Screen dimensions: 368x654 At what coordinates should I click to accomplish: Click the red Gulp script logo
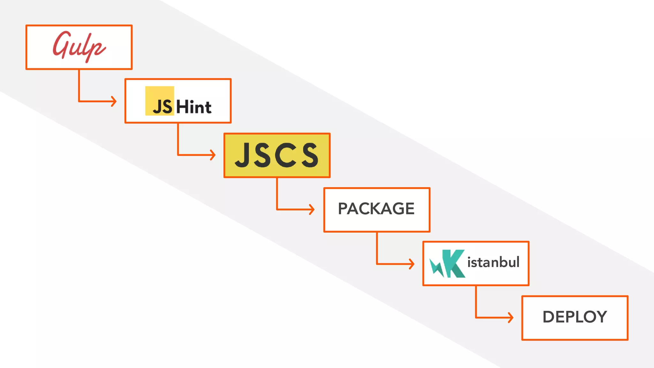coord(79,47)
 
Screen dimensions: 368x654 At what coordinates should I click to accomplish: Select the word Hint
coord(194,107)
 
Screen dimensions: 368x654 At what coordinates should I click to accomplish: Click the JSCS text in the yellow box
coord(277,155)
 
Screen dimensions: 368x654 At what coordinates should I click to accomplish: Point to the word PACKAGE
coord(376,209)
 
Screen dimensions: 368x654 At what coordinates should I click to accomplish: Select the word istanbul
coord(493,262)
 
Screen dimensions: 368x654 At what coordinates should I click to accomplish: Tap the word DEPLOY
coord(574,317)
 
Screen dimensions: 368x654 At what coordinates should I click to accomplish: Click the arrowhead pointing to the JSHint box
coord(114,101)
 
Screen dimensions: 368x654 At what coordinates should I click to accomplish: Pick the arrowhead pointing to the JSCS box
coord(213,155)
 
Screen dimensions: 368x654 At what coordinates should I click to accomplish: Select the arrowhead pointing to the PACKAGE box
coord(312,209)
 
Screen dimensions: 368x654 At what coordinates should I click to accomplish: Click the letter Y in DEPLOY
coord(600,317)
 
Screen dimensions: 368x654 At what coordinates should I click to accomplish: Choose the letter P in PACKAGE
coord(344,209)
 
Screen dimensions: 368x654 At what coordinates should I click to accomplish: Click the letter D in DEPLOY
coord(549,317)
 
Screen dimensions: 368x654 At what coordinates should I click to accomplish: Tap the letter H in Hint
coord(183,107)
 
